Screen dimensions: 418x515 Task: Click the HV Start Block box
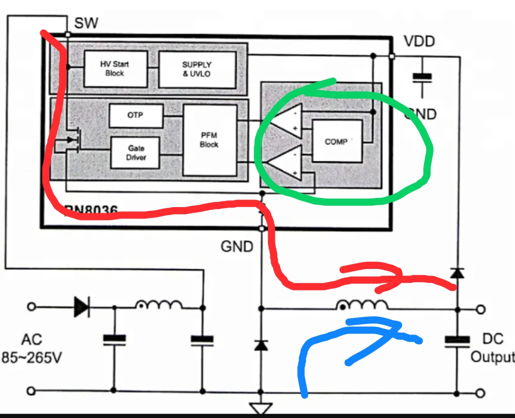tap(115, 69)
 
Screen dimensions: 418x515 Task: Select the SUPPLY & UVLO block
tap(197, 69)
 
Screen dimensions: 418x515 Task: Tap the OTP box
tap(135, 116)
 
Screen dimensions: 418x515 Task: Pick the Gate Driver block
tap(135, 152)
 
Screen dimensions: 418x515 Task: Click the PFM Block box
tap(210, 140)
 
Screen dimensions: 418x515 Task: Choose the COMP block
tap(337, 141)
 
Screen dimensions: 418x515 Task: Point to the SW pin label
tap(86, 23)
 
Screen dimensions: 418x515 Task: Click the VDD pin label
tap(419, 42)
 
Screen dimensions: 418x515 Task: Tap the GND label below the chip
tap(236, 246)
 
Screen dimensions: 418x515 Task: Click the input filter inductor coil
tap(158, 305)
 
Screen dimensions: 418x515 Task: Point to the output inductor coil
tap(363, 305)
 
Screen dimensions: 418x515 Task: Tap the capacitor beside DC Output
tap(456, 340)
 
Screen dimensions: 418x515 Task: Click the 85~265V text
tap(33, 358)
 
